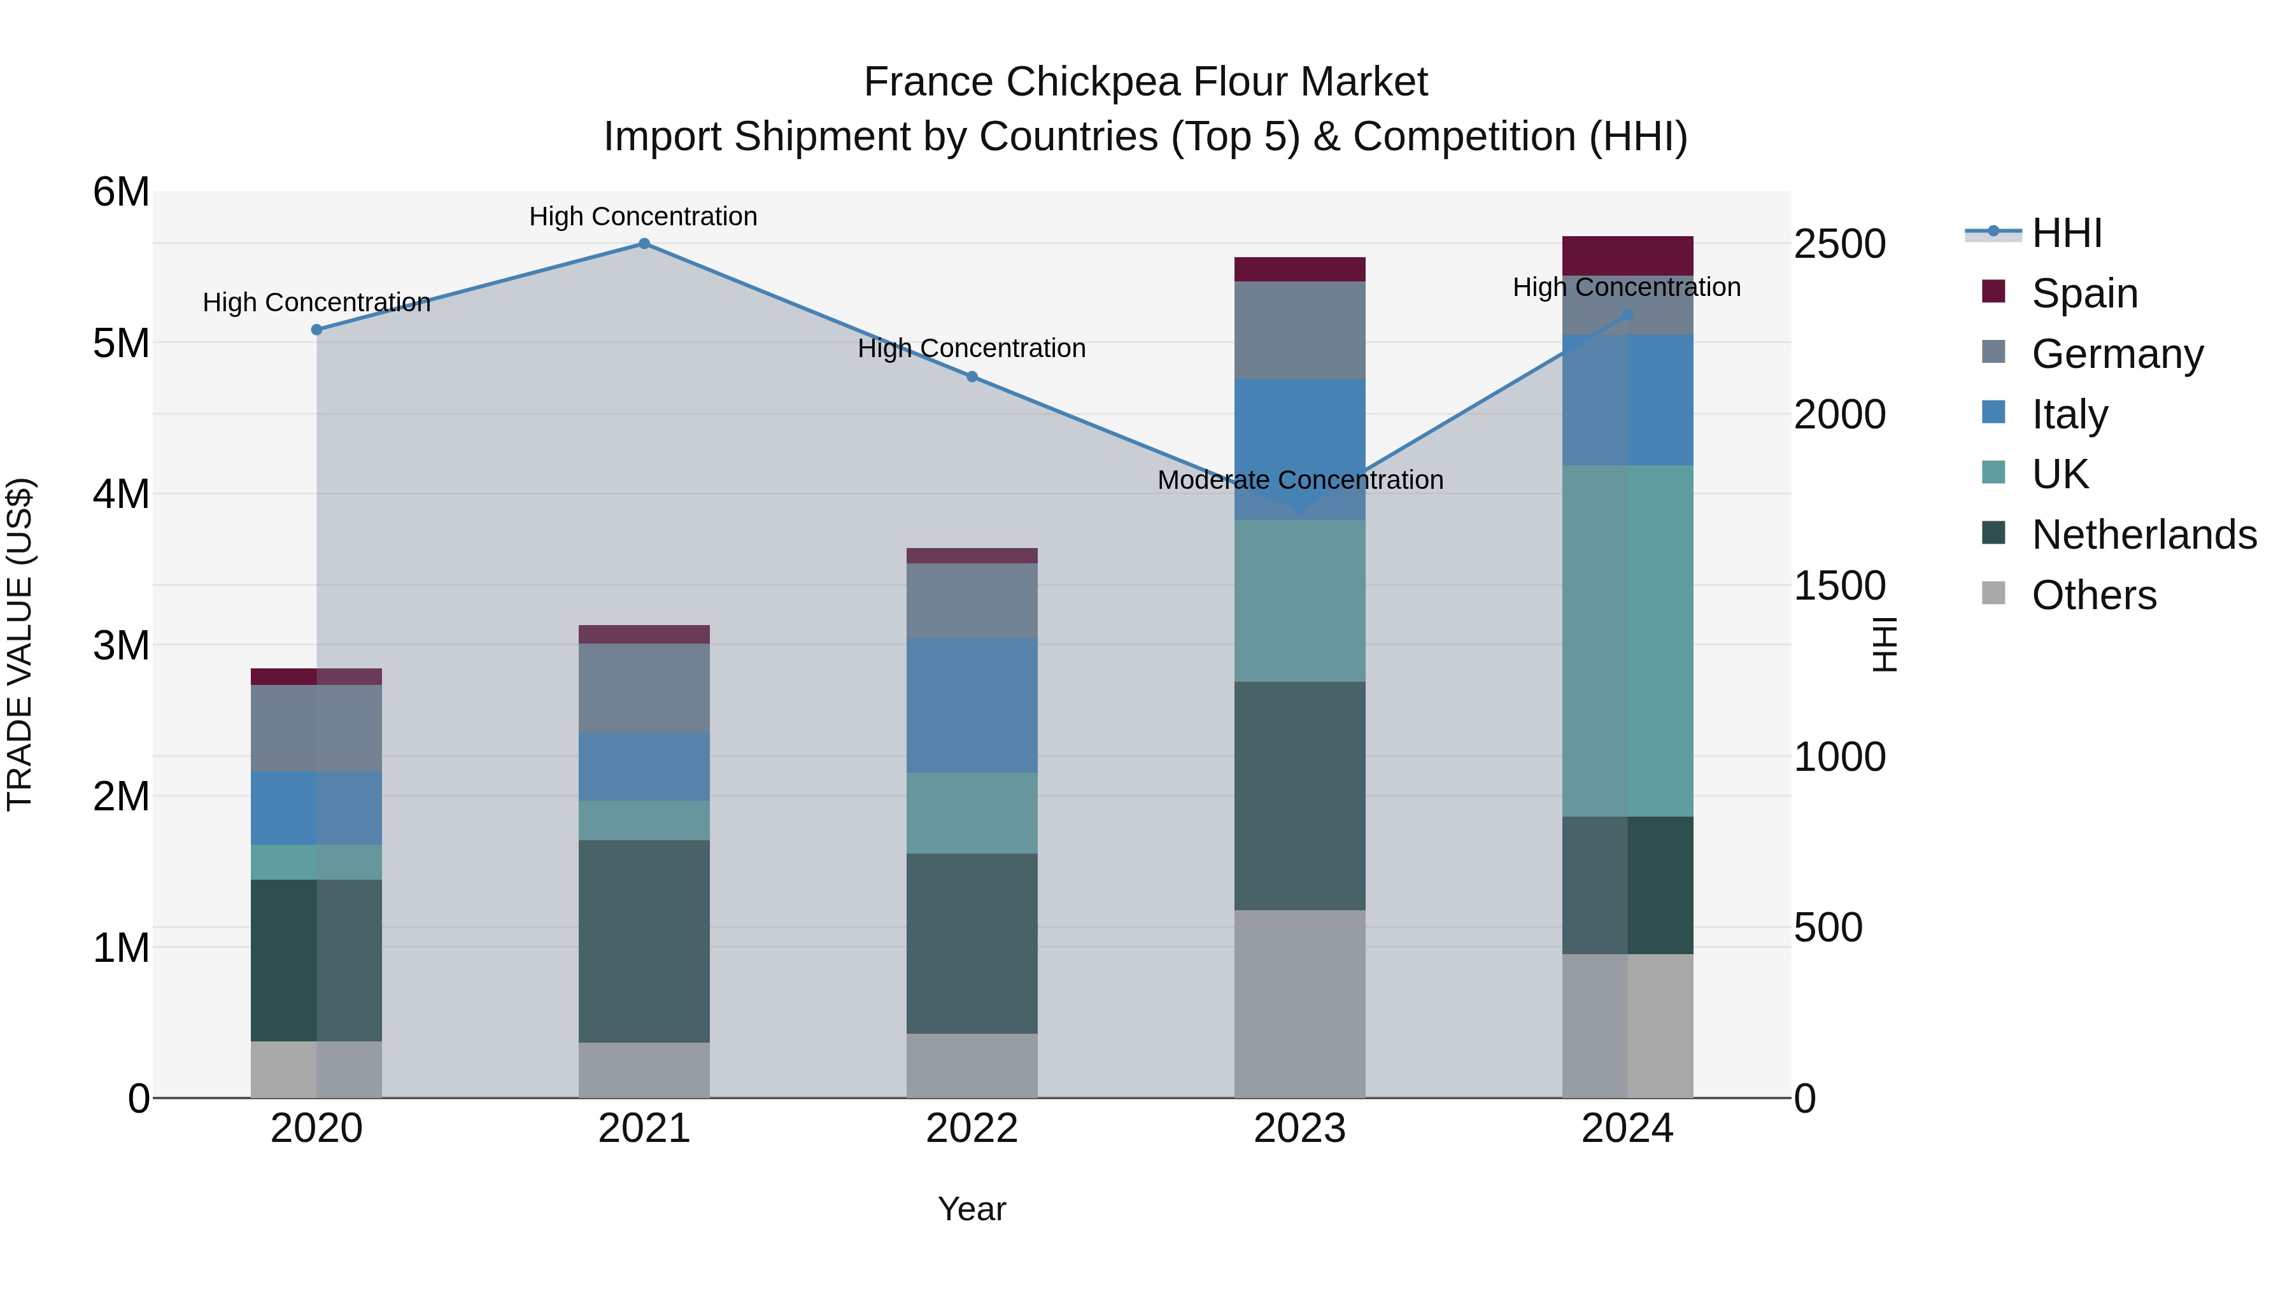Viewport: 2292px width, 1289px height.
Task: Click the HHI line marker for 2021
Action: point(644,244)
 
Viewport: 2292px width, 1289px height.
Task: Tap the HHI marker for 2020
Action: point(317,330)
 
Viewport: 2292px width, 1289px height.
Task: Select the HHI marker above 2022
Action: point(972,377)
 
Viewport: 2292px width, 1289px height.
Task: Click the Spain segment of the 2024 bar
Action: point(1627,256)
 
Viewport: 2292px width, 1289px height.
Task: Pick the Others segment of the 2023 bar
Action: point(1299,1003)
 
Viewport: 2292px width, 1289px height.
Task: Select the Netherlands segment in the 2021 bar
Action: point(644,941)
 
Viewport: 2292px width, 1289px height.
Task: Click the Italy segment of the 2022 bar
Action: point(972,705)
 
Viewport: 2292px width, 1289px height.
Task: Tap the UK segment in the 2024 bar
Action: point(1627,640)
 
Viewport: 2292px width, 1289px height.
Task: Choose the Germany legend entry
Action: point(2117,354)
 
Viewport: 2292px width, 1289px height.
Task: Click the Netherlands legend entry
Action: point(2144,535)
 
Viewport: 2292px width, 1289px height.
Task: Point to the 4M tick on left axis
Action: point(121,494)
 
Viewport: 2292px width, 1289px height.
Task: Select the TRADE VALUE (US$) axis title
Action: point(20,644)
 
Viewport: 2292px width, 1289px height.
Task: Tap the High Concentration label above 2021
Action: point(643,217)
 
